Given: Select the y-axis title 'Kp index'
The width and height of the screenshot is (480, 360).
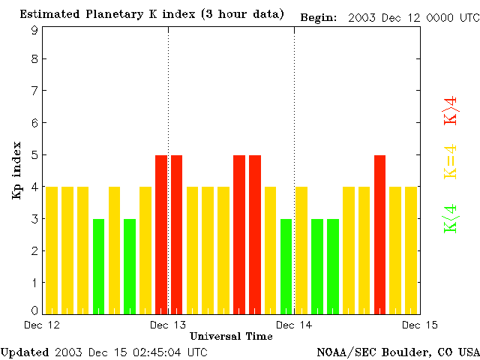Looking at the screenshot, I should [16, 170].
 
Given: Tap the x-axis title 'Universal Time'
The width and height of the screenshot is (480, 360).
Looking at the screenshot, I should [231, 336].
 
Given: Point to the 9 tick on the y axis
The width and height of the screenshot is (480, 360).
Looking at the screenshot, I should [34, 31].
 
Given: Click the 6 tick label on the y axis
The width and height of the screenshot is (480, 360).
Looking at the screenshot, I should [34, 122].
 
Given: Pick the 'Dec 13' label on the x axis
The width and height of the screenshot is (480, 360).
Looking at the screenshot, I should [168, 325].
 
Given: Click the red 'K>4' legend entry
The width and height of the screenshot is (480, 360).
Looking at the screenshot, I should [451, 110].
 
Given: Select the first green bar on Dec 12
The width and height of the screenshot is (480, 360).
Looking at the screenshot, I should [98, 265].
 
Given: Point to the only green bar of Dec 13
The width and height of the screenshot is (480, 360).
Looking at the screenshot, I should [286, 265].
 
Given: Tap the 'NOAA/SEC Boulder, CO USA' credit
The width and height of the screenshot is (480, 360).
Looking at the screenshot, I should [398, 352].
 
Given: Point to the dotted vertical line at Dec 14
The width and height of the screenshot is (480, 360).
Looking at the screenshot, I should [294, 150].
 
